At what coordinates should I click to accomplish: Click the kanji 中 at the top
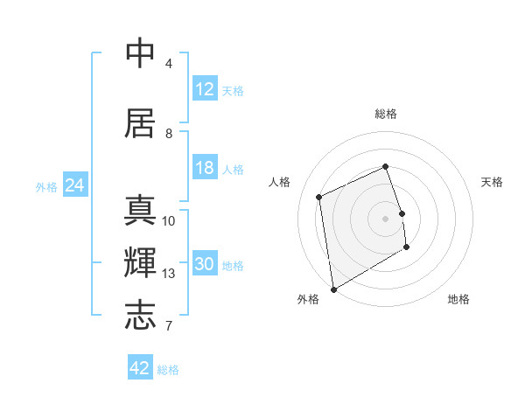(x=141, y=54)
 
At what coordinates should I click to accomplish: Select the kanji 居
(x=141, y=123)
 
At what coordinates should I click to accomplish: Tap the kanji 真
(x=141, y=211)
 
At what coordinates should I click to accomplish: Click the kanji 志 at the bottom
(x=141, y=315)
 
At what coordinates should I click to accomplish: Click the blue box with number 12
(x=204, y=89)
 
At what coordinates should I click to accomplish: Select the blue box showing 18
(x=204, y=168)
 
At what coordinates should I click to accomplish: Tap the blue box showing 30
(x=204, y=265)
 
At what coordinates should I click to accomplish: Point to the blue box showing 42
(x=140, y=368)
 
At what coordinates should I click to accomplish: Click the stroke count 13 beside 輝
(x=169, y=274)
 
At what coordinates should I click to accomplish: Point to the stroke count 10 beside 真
(x=169, y=220)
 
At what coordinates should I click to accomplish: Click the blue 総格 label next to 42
(x=168, y=370)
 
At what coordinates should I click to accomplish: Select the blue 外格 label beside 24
(x=46, y=187)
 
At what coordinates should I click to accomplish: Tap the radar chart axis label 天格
(x=492, y=182)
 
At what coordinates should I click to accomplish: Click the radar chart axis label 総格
(x=385, y=114)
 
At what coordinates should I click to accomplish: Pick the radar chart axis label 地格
(x=458, y=299)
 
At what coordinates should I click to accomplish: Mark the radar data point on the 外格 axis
(x=333, y=289)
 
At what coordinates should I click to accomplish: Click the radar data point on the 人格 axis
(x=319, y=197)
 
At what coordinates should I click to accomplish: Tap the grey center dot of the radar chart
(x=385, y=218)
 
